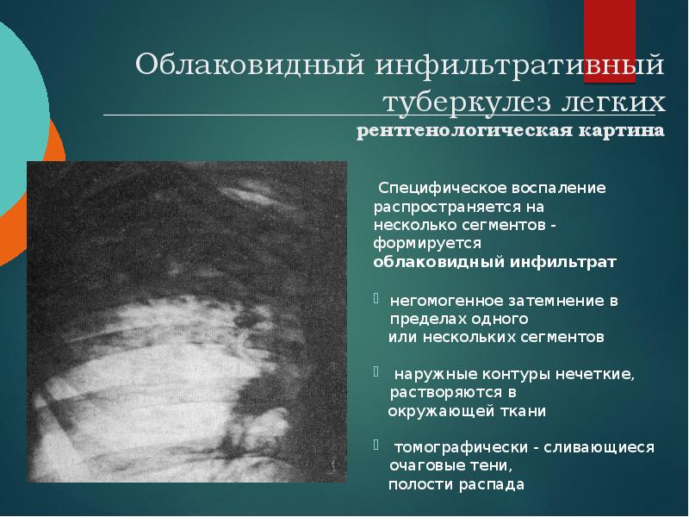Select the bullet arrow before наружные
tap(376, 374)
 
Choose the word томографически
tap(451, 447)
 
